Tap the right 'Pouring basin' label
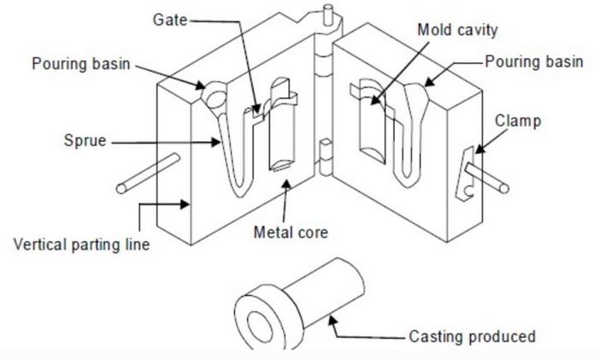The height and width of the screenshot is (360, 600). click(533, 62)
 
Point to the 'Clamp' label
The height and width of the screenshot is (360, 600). click(518, 121)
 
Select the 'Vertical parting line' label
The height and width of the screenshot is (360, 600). click(82, 245)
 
